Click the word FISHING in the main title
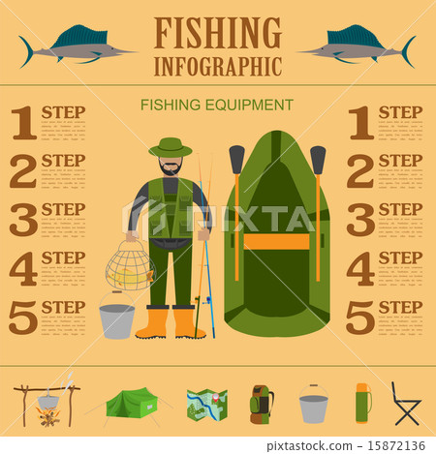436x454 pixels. coord(217,33)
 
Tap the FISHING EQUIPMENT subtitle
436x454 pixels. coord(217,105)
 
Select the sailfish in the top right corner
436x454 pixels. coord(358,44)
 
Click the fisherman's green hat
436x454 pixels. coord(171,148)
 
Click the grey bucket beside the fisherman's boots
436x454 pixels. coord(117,318)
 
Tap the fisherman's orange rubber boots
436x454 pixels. coord(171,322)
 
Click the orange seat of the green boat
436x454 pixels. coord(276,242)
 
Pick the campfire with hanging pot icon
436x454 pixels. coord(45,405)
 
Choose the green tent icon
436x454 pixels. coord(132,404)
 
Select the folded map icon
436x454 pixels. coord(206,406)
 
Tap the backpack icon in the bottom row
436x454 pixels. coord(261,404)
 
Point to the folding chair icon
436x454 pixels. coord(406,404)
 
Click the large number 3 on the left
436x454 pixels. coord(22,220)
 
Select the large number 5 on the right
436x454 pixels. coord(359,318)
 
